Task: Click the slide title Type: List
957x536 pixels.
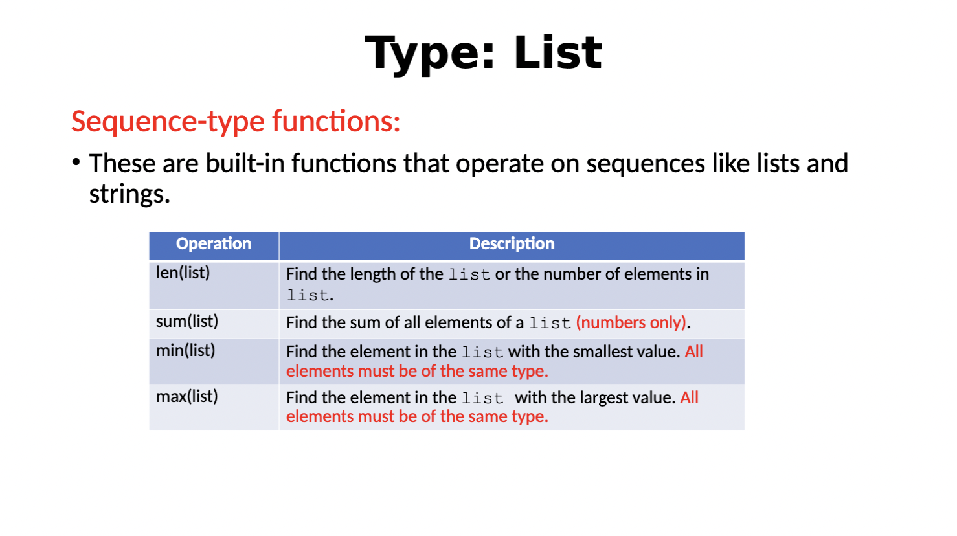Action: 483,53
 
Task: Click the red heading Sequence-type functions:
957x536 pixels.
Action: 236,122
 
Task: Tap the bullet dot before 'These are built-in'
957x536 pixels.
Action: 76,162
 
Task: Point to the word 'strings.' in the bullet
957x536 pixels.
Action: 129,194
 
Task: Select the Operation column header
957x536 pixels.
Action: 214,244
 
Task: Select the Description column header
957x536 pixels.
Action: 512,244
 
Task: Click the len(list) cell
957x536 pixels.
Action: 183,273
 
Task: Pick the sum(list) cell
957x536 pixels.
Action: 187,322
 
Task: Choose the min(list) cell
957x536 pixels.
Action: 186,351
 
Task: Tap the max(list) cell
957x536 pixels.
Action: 187,397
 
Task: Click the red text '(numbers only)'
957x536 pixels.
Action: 631,322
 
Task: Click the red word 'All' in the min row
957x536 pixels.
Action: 693,352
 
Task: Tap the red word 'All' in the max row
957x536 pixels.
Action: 689,397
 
